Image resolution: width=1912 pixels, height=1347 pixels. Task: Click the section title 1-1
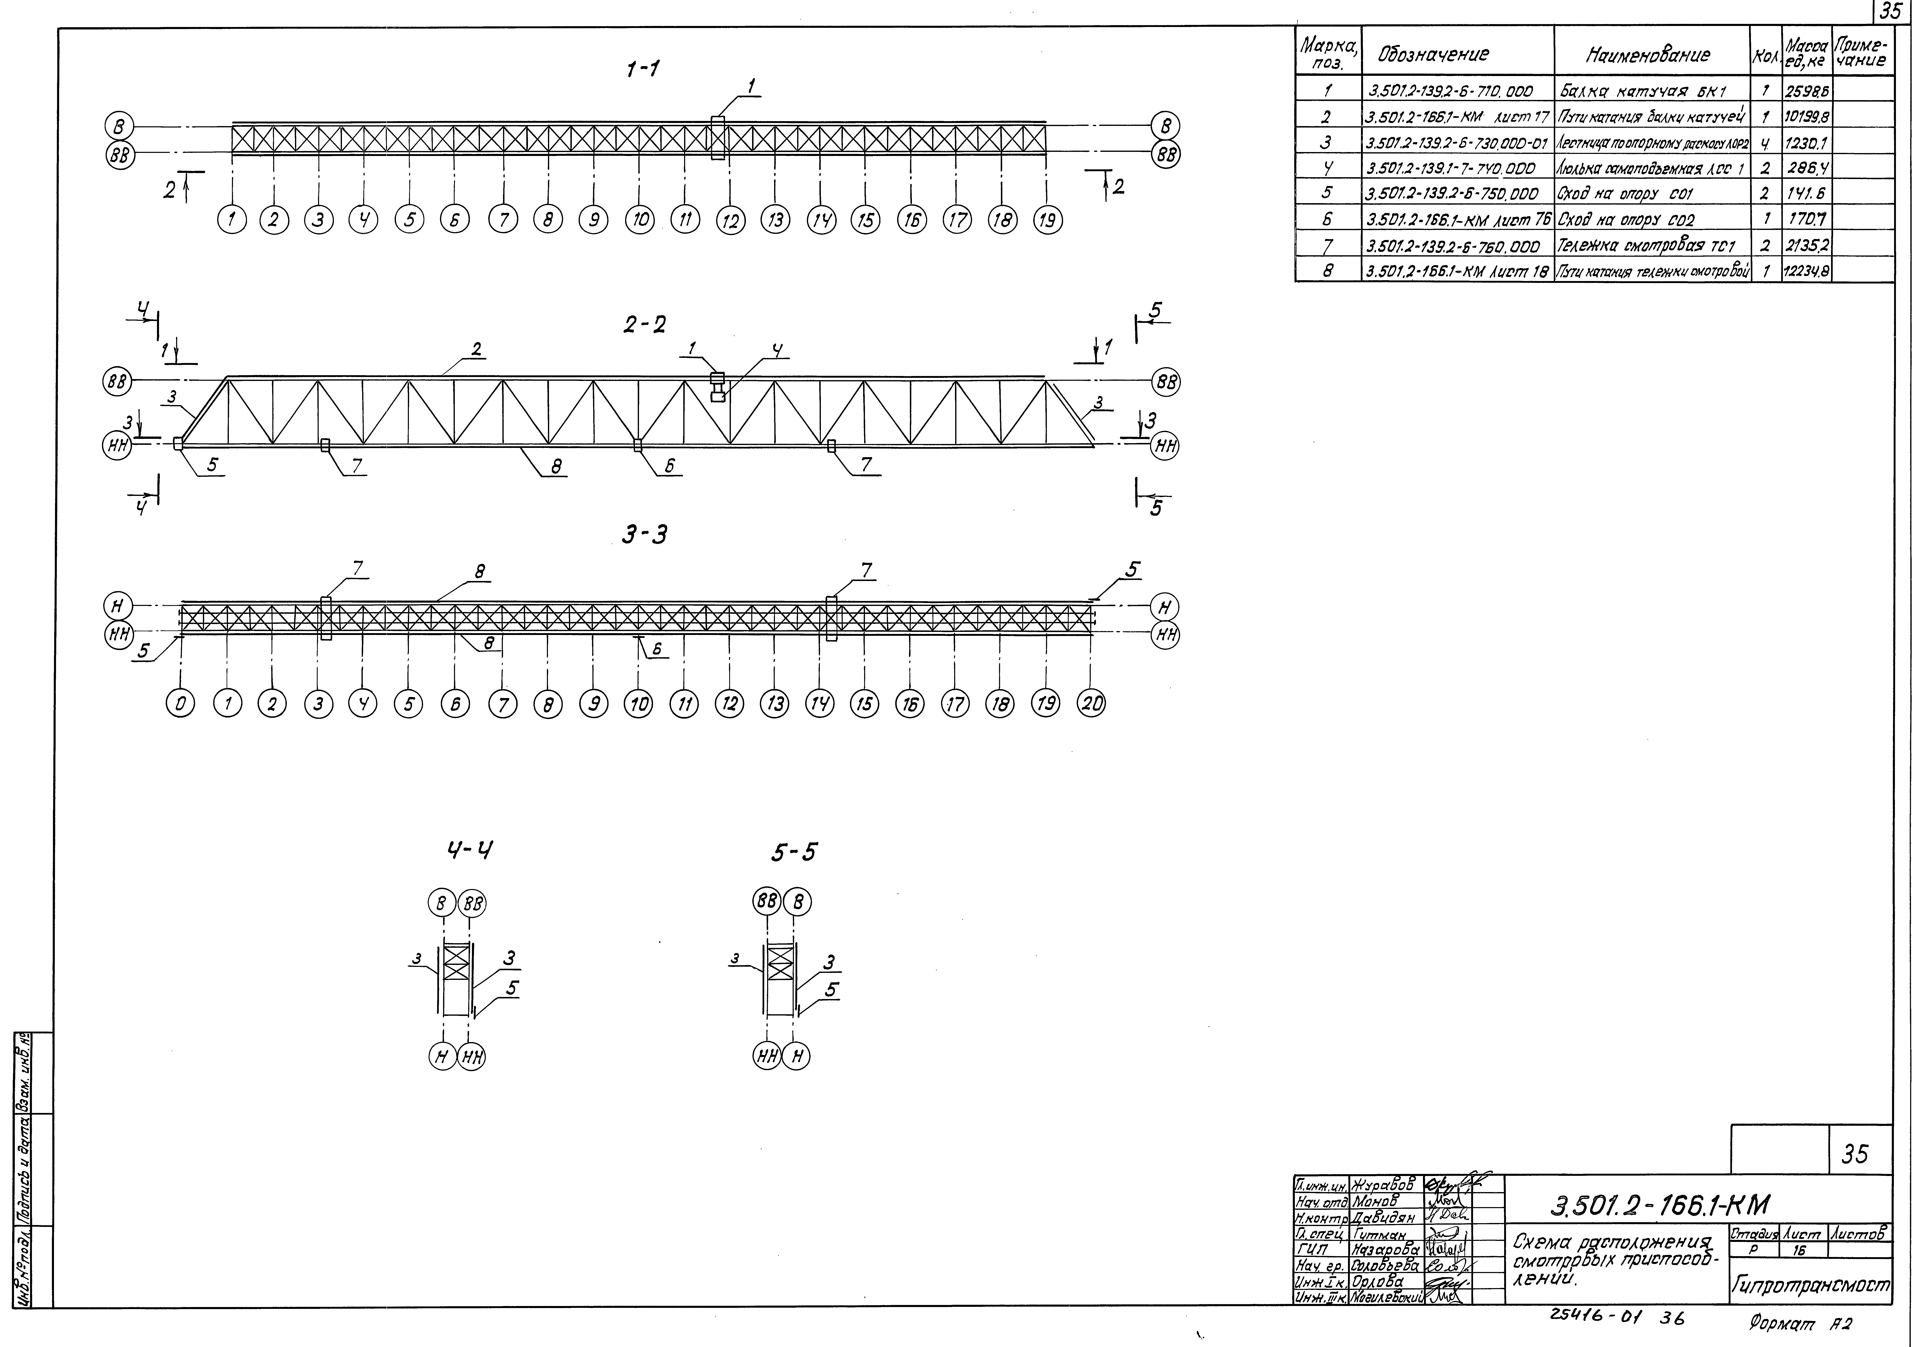click(643, 70)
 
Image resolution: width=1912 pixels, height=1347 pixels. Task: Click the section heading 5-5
click(795, 852)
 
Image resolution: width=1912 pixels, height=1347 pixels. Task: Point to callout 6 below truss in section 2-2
click(669, 466)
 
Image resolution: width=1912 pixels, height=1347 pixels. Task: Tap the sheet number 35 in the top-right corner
click(1892, 12)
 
